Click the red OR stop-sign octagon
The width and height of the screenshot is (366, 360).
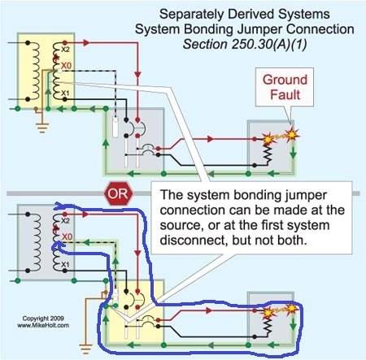pyautogui.click(x=119, y=193)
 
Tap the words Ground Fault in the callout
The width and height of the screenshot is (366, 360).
pyautogui.click(x=285, y=87)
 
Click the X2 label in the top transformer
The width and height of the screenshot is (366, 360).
pyautogui.click(x=65, y=50)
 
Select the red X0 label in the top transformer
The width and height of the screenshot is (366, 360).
pyautogui.click(x=66, y=66)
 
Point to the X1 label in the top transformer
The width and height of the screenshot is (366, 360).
pyautogui.click(x=65, y=93)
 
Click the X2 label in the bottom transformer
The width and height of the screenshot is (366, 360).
pyautogui.click(x=65, y=221)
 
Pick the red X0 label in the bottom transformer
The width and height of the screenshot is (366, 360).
pyautogui.click(x=67, y=236)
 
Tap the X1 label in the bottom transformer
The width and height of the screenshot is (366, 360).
pyautogui.click(x=65, y=264)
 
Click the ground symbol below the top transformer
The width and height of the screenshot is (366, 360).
pyautogui.click(x=42, y=128)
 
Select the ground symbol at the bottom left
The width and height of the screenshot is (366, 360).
pyautogui.click(x=85, y=349)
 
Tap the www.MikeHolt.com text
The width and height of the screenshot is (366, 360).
pyautogui.click(x=43, y=325)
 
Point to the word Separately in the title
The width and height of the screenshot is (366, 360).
pyautogui.click(x=191, y=14)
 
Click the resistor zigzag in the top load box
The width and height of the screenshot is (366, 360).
pyautogui.click(x=268, y=154)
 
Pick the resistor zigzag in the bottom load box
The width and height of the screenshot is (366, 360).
pyautogui.click(x=268, y=326)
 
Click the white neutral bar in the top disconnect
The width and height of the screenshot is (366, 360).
pyautogui.click(x=115, y=127)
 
